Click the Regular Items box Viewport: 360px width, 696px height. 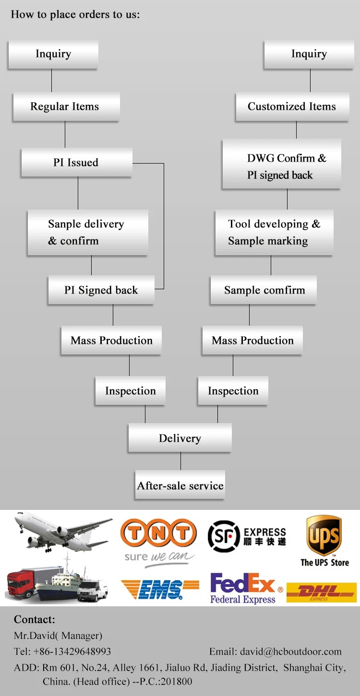pyautogui.click(x=65, y=106)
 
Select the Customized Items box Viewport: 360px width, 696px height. pyautogui.click(x=292, y=106)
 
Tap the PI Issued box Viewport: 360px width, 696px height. pyautogui.click(x=76, y=163)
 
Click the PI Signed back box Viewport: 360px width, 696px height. pyautogui.click(x=101, y=290)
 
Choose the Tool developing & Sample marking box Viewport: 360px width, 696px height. pyautogui.click(x=274, y=233)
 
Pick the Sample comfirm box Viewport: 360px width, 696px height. pyautogui.click(x=264, y=290)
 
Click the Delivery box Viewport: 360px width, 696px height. pyautogui.click(x=180, y=438)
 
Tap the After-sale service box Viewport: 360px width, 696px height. pyautogui.click(x=180, y=485)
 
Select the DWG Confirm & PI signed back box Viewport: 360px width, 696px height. pyautogui.click(x=282, y=166)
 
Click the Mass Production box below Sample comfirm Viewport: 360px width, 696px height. pyautogui.click(x=252, y=341)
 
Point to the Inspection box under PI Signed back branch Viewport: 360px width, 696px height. pyautogui.click(x=131, y=391)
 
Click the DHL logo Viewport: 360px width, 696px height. pyautogui.click(x=321, y=592)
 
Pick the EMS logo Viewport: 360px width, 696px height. pyautogui.click(x=160, y=590)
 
